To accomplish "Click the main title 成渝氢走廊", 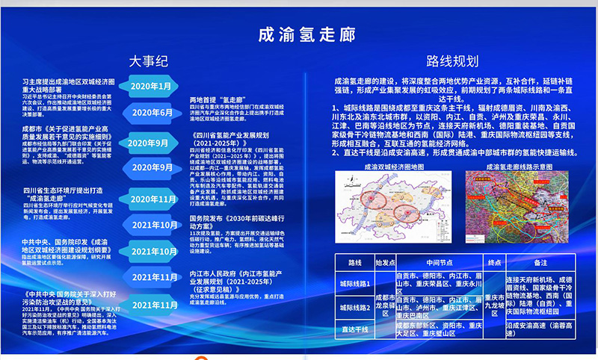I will point(298,34).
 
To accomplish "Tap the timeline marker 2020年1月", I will point(152,87).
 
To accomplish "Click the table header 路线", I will point(354,263).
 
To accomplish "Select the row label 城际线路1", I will point(354,284).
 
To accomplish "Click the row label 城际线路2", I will point(354,307).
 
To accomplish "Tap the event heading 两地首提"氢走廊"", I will point(218,99).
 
